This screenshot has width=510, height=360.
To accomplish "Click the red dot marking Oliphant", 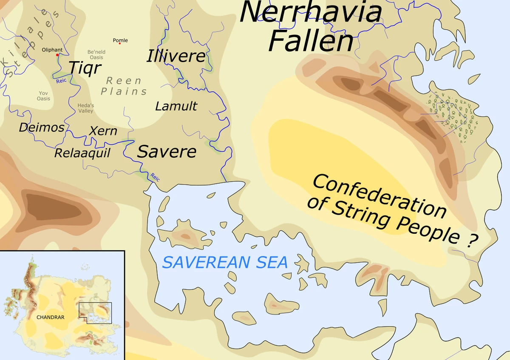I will (x=58, y=55).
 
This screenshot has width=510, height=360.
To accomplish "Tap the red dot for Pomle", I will (x=120, y=43).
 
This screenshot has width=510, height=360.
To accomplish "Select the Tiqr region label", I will (x=85, y=67).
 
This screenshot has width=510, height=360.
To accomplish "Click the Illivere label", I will (x=176, y=56).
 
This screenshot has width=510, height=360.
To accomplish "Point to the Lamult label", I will (x=176, y=106).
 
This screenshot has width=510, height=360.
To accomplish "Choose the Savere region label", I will (x=167, y=151).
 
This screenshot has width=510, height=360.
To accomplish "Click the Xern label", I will (x=103, y=131).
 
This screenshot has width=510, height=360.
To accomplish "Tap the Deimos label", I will (x=42, y=127).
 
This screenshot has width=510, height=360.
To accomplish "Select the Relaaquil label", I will (x=82, y=153).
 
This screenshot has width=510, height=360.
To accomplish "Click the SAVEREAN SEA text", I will (x=225, y=262).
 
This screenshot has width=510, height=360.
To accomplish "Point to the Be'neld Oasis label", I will (x=96, y=54).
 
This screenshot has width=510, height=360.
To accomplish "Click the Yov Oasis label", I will (x=43, y=96).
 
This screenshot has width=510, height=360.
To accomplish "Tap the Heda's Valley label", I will (x=85, y=108).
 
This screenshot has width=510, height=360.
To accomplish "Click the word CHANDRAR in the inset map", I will (x=50, y=317).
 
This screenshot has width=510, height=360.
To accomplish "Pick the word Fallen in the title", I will (x=311, y=41).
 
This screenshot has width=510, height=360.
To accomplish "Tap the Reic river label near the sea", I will (x=155, y=177).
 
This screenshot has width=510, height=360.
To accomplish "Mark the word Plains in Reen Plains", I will (x=124, y=91).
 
